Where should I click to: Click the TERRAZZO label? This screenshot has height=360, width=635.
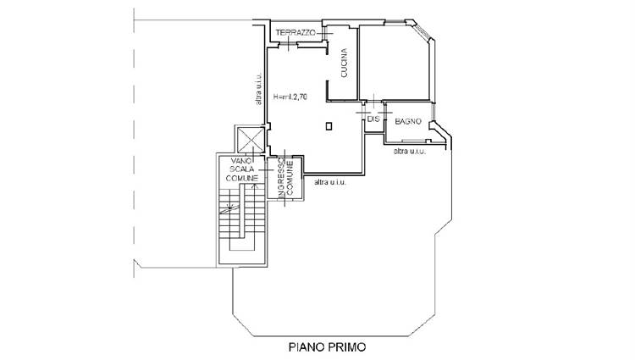295,32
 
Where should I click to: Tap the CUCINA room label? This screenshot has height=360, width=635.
344,64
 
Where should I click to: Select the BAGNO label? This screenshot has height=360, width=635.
408,121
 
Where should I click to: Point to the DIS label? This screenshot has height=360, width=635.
373,119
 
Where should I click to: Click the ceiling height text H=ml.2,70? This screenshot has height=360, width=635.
290,97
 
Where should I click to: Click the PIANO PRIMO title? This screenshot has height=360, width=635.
327,347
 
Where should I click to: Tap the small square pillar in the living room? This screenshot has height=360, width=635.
329,126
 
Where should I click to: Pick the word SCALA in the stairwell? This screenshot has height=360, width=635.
242,169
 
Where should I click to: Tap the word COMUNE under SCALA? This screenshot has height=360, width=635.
242,178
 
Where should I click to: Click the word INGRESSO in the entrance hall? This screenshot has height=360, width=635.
282,179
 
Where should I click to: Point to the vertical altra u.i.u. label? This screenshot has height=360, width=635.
259,89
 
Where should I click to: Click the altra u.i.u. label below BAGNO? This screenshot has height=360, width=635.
410,152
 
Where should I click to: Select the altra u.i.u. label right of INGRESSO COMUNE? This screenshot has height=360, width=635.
330,182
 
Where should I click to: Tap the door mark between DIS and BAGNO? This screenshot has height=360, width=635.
385,112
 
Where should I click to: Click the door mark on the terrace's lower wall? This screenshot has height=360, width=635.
289,45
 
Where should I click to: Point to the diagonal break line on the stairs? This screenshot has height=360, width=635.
229,209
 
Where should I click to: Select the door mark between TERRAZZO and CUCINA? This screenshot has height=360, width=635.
327,33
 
